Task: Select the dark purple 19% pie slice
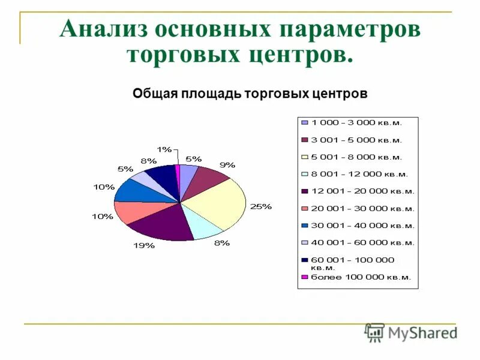(159, 225)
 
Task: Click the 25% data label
(261, 206)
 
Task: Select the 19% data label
(145, 245)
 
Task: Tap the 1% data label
(164, 149)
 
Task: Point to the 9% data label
(227, 164)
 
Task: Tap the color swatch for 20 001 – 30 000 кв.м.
(305, 208)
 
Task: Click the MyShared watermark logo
(411, 333)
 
